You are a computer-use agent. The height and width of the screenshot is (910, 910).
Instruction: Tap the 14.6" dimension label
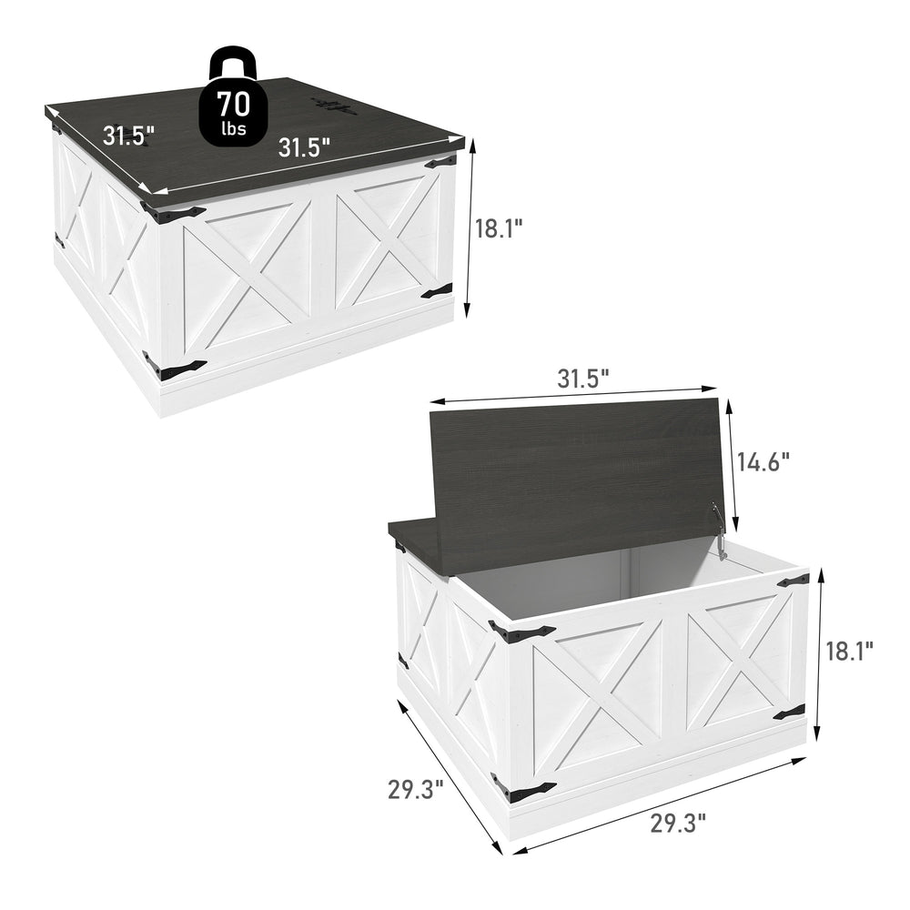pyautogui.click(x=763, y=463)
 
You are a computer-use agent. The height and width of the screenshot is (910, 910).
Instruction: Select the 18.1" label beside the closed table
pyautogui.click(x=499, y=228)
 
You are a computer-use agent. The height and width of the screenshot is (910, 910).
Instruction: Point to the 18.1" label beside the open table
pyautogui.click(x=849, y=652)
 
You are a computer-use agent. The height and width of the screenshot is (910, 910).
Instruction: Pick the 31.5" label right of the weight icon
pyautogui.click(x=304, y=147)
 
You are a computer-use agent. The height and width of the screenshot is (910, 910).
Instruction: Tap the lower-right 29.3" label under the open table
pyautogui.click(x=677, y=823)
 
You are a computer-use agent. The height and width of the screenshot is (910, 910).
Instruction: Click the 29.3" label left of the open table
pyautogui.click(x=416, y=789)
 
